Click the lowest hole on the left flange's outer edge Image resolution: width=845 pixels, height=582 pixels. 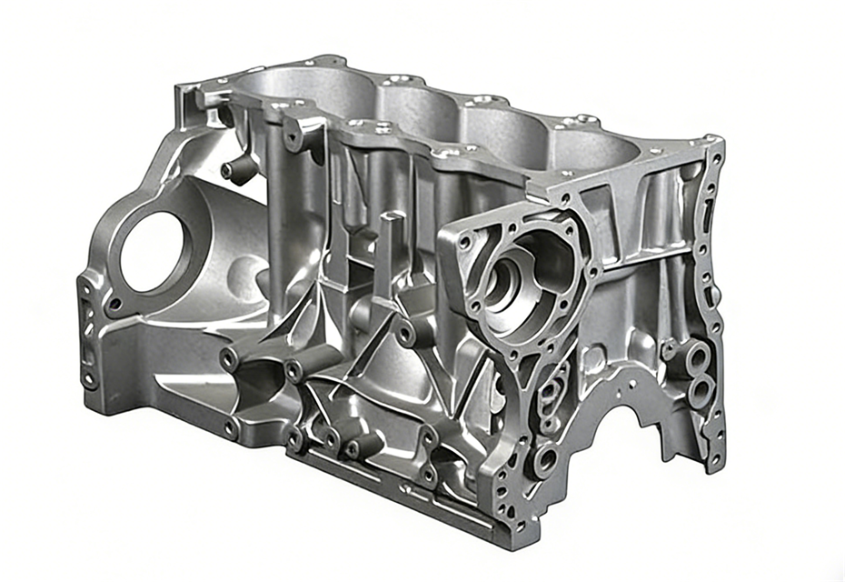[89, 380]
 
